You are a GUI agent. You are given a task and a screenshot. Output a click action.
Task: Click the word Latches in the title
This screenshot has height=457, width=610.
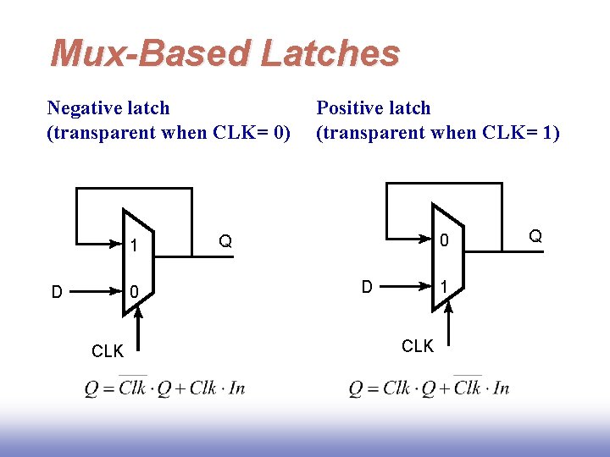(x=330, y=53)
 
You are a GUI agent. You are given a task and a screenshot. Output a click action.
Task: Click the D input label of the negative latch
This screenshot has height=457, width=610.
(x=56, y=293)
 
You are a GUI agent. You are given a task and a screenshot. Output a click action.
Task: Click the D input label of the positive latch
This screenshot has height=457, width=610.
(x=367, y=286)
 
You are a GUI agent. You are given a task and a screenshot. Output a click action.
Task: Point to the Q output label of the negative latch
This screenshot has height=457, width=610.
(x=225, y=240)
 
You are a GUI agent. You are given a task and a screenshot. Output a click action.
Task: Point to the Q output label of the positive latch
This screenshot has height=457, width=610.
(x=535, y=234)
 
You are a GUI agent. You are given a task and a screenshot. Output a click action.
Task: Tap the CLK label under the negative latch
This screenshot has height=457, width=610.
(x=108, y=351)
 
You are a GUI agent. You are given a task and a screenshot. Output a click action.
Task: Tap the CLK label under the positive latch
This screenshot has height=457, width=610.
(x=418, y=345)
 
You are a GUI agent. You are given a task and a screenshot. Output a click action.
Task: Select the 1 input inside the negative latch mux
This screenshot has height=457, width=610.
(x=133, y=246)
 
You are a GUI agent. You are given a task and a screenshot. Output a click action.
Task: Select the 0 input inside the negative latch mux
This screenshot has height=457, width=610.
(x=133, y=293)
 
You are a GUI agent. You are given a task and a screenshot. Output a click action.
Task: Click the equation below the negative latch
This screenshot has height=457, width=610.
(x=164, y=388)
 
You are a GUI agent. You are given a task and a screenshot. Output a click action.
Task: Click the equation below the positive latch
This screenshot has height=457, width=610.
(x=429, y=388)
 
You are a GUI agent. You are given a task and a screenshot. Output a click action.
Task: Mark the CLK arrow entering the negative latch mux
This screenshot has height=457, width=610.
(x=141, y=326)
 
